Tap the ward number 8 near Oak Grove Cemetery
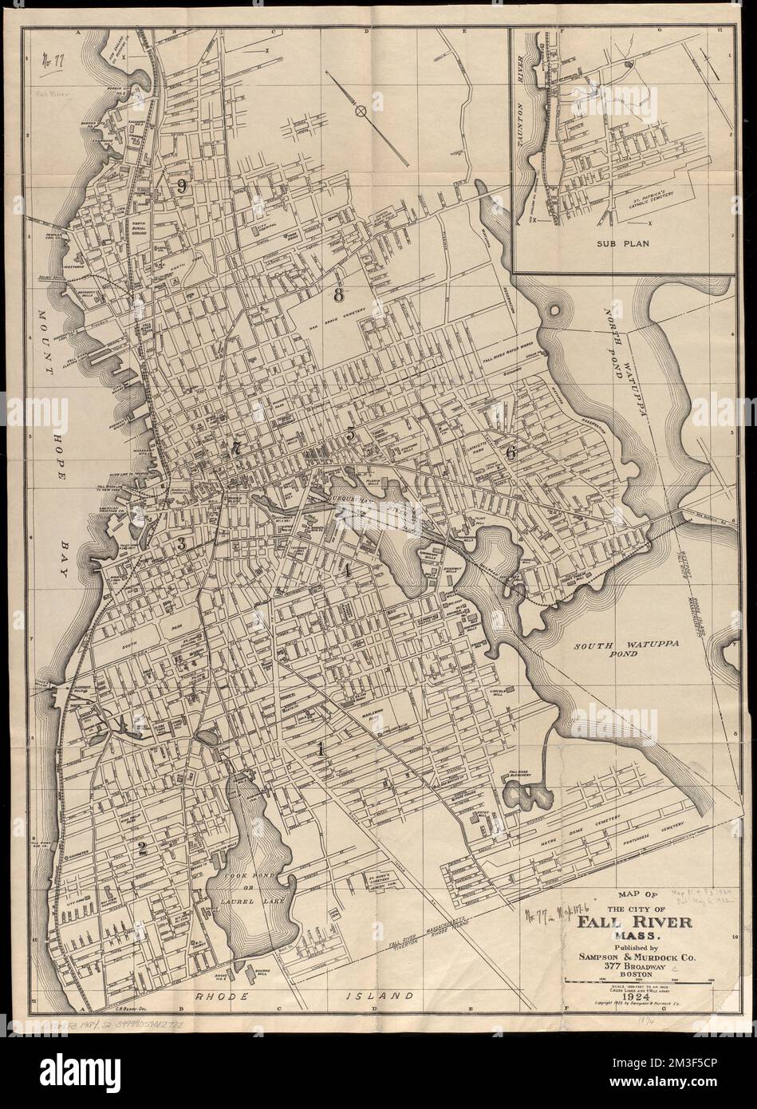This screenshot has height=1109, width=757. click(339, 294)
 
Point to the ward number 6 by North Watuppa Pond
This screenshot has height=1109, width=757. click(511, 452)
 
